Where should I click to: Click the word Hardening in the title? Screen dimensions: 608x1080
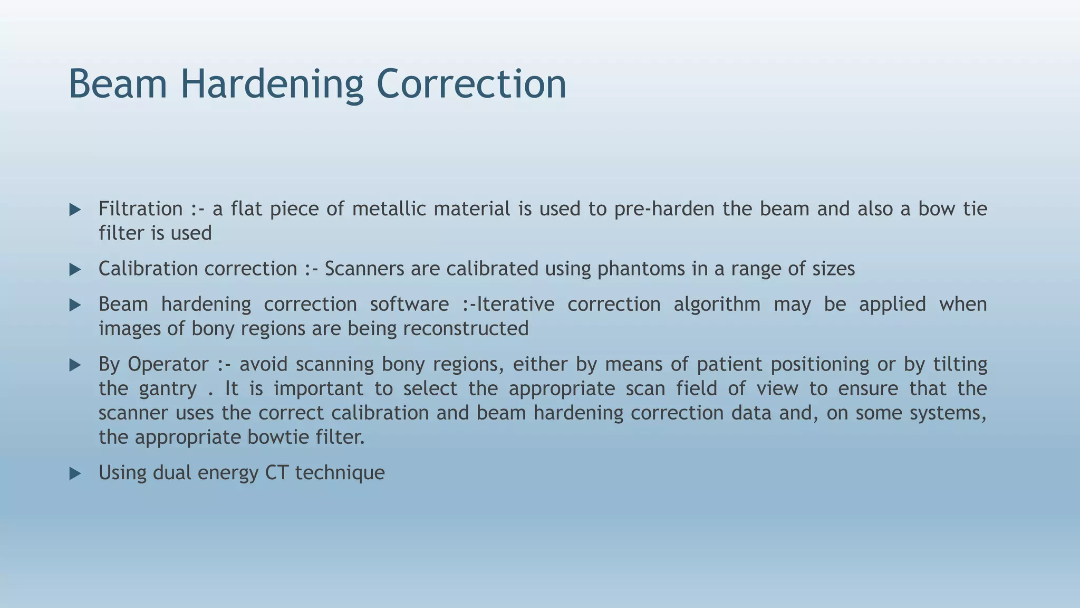pyautogui.click(x=272, y=84)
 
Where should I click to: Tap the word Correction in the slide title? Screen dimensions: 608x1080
pyautogui.click(x=471, y=84)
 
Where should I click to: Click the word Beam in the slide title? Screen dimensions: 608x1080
pyautogui.click(x=118, y=84)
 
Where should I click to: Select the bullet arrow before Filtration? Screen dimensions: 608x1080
pyautogui.click(x=75, y=210)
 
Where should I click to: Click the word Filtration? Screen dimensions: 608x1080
pyautogui.click(x=140, y=209)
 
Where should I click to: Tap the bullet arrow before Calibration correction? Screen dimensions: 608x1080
pyautogui.click(x=75, y=270)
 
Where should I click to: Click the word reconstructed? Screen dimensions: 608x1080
pyautogui.click(x=466, y=329)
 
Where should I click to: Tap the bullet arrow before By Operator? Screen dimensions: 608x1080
pyautogui.click(x=75, y=365)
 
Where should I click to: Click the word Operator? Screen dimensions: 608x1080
pyautogui.click(x=168, y=365)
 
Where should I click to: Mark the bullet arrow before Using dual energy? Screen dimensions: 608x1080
pyautogui.click(x=75, y=474)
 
